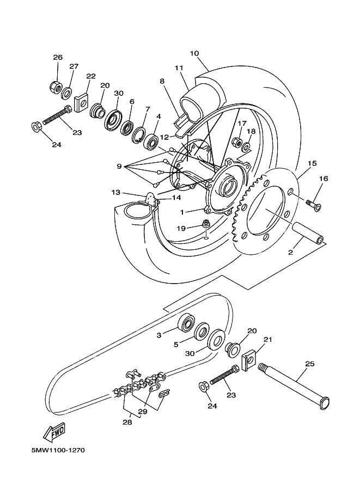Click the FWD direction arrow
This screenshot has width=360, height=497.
(x=54, y=432)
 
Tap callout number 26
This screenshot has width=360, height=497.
(x=58, y=57)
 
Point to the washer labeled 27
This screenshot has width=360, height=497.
(x=66, y=93)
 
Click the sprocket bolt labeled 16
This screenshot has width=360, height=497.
(x=313, y=205)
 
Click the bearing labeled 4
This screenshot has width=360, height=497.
(x=151, y=141)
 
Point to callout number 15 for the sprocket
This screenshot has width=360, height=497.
(x=312, y=163)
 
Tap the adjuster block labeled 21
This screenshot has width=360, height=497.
(x=249, y=359)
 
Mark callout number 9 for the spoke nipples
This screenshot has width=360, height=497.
(x=119, y=167)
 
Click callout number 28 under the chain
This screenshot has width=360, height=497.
(x=127, y=422)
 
